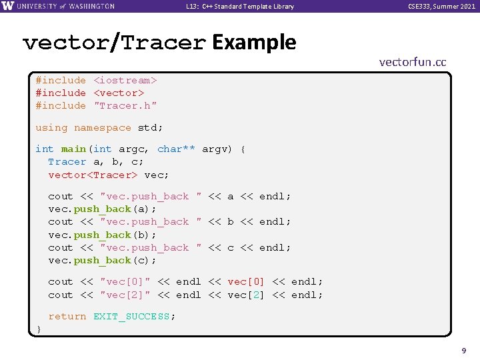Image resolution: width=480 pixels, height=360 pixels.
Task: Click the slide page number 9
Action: point(463,349)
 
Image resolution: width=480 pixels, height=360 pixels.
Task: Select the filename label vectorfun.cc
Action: point(412,62)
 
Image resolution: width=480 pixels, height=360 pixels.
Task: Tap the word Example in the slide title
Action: point(253,43)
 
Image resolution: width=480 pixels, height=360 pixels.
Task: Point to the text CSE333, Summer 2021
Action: point(442,7)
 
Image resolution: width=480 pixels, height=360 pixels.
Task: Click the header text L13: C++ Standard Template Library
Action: point(240,7)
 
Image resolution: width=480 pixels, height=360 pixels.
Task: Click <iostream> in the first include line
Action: point(125,80)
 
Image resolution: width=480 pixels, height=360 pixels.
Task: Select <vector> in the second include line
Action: point(119,93)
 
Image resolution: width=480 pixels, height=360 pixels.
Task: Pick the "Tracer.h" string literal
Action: point(125,105)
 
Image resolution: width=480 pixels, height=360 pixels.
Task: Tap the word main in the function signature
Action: point(73,149)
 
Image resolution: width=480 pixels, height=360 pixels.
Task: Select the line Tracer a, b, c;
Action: point(95,161)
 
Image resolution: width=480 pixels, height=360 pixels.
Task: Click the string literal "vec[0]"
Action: point(125,281)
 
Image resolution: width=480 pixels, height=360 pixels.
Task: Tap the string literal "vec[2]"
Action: point(125,295)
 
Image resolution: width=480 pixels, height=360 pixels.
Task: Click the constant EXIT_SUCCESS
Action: point(131,316)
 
